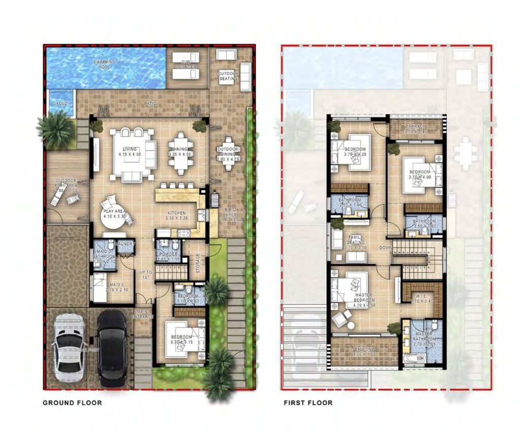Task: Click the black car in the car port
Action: tap(112, 348)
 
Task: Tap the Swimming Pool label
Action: tap(104, 64)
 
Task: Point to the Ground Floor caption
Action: tap(72, 403)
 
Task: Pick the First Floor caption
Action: tap(308, 403)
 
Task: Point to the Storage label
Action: tap(198, 263)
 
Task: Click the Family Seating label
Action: tap(356, 240)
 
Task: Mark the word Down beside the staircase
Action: tap(386, 248)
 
